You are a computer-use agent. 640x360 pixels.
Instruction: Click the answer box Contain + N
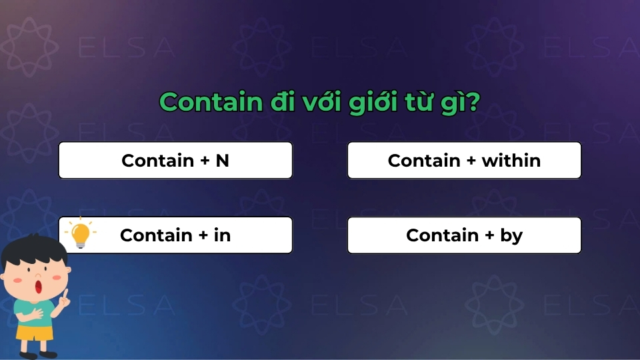coord(175,161)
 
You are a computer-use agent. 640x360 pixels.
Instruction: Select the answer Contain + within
coord(464,161)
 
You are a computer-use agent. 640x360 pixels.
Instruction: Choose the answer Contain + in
coord(175,235)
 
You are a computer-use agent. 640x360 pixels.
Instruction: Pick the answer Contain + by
coord(464,235)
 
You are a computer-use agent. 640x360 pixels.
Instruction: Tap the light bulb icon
coord(80,234)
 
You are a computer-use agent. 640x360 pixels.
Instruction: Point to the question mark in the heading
coord(474,103)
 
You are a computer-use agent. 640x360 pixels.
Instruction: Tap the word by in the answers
coord(511,235)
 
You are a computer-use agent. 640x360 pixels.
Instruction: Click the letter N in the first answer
coord(222,161)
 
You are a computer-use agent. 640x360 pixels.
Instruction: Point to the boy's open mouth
coord(39,287)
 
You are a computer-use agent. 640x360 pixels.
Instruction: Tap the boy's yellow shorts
coord(35,331)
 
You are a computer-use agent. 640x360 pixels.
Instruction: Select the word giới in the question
coord(371,103)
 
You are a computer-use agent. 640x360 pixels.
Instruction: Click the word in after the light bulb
coord(222,235)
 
